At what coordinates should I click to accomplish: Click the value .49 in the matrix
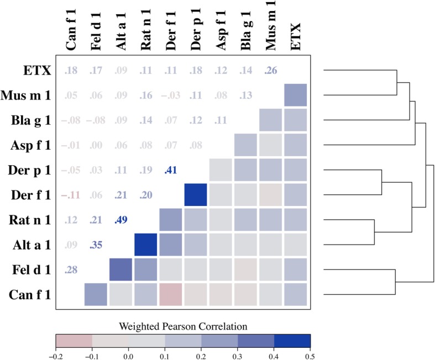point(120,220)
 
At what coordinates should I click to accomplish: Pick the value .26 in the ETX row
point(271,71)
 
